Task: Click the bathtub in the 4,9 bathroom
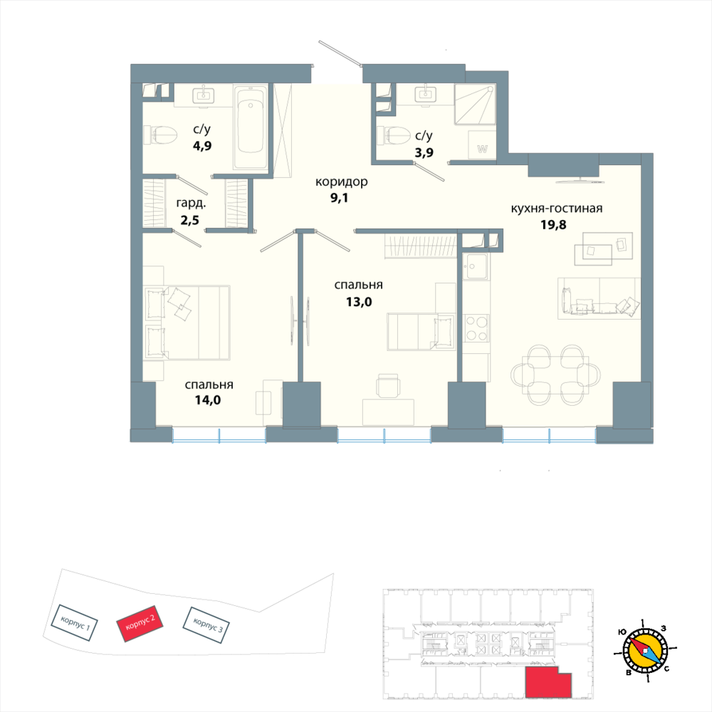point(251,127)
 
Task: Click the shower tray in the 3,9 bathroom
point(474,104)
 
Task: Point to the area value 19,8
point(553,225)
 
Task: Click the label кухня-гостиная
point(557,209)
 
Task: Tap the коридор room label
point(342,182)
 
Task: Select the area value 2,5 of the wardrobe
point(190,220)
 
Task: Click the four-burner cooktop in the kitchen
point(476,328)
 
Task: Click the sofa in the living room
point(599,298)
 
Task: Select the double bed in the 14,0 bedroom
point(187,323)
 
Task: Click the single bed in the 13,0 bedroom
point(421,332)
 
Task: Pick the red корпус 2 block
point(140,623)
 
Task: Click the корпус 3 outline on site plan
point(206,625)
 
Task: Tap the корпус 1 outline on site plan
point(74,622)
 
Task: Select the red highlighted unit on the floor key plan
point(548,682)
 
